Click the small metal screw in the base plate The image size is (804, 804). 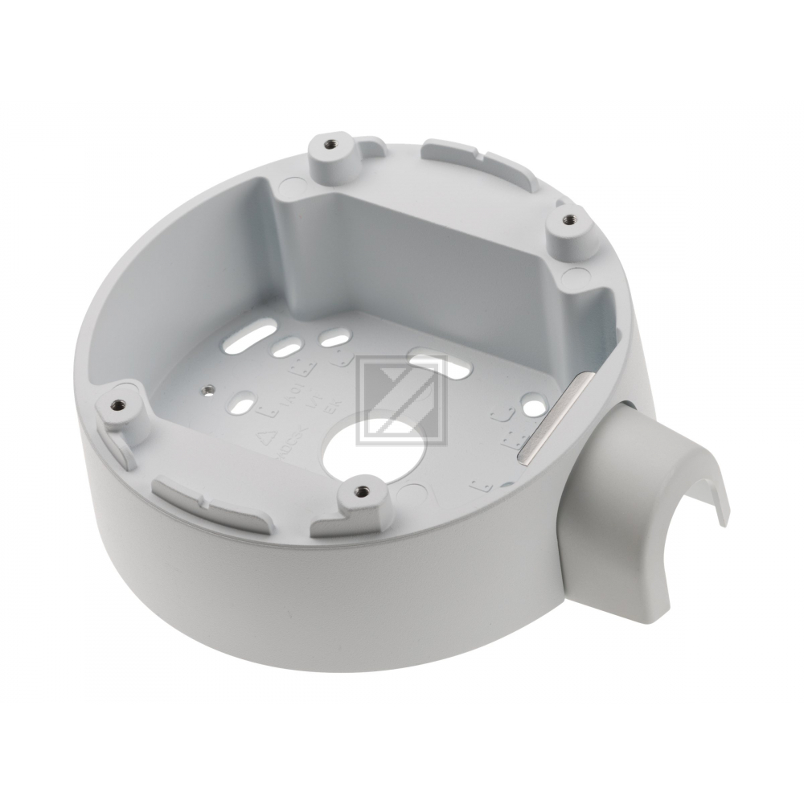coord(208,390)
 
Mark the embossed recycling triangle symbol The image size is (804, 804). coord(263,440)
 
